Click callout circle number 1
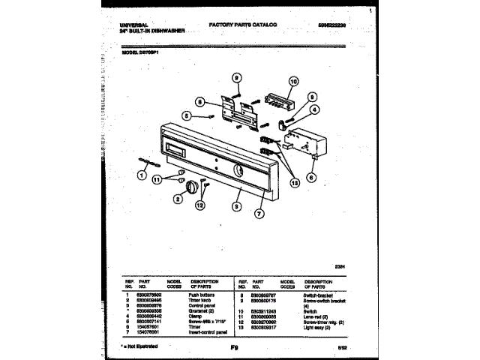click(x=140, y=176)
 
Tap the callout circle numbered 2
click(x=178, y=198)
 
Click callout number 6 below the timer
click(x=312, y=177)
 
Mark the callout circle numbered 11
click(x=157, y=179)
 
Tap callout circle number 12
click(x=199, y=204)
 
